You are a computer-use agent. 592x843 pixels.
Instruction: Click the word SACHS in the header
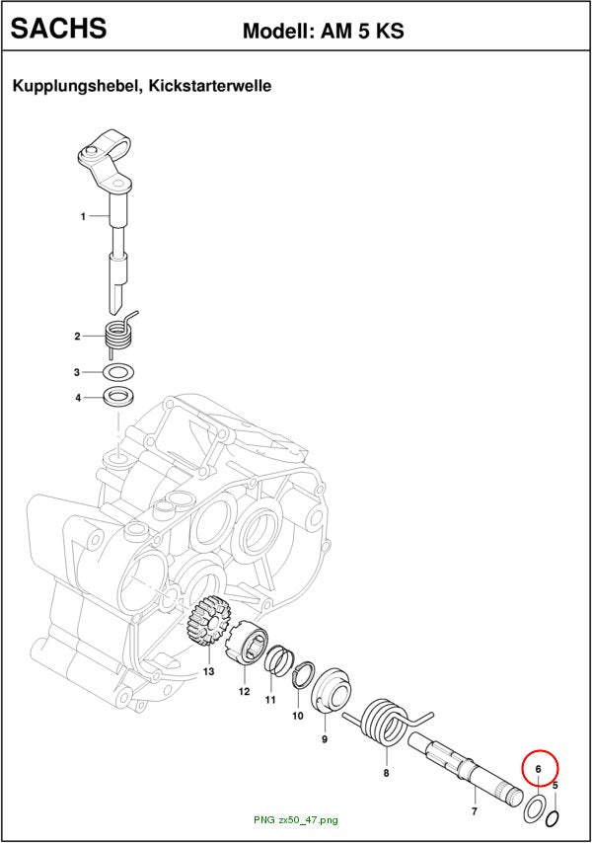point(58,28)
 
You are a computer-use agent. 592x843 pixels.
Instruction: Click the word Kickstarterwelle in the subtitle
point(210,86)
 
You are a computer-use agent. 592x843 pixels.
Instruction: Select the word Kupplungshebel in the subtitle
point(77,86)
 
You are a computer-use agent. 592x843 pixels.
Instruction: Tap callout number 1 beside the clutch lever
point(83,216)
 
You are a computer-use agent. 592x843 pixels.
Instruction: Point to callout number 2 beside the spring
point(77,337)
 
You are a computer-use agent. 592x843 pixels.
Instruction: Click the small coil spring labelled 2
point(119,336)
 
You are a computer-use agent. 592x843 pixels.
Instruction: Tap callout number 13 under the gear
point(208,671)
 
